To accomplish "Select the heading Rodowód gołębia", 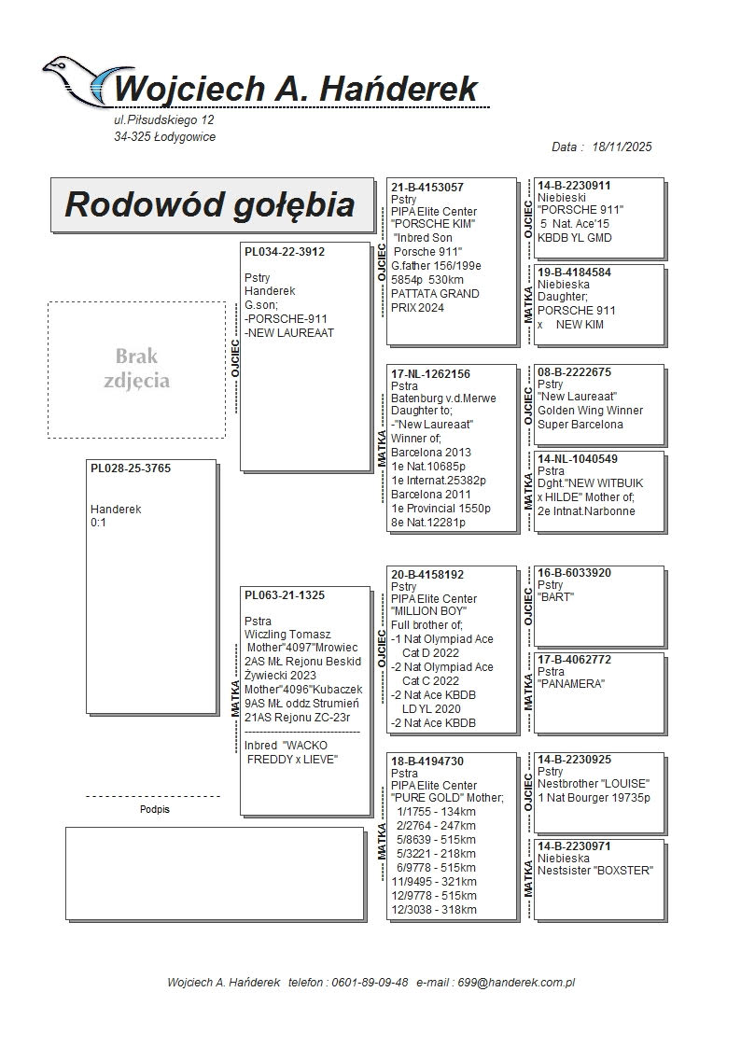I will click(x=210, y=204).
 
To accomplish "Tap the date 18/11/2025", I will click(x=622, y=147).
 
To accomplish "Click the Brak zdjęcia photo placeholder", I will click(x=136, y=369).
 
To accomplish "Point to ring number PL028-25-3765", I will click(x=131, y=468).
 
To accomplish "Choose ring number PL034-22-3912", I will click(x=285, y=251).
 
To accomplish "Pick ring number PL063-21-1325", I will click(x=285, y=594).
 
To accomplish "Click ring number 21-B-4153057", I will click(x=427, y=187).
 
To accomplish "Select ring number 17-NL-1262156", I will click(x=430, y=373).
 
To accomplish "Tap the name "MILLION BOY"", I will click(x=428, y=611).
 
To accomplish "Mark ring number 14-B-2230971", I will click(x=574, y=845).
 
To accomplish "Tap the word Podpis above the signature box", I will click(x=155, y=810).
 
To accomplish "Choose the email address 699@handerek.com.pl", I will click(x=519, y=983).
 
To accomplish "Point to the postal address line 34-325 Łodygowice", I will click(x=164, y=137).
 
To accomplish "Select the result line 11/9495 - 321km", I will click(x=434, y=882).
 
